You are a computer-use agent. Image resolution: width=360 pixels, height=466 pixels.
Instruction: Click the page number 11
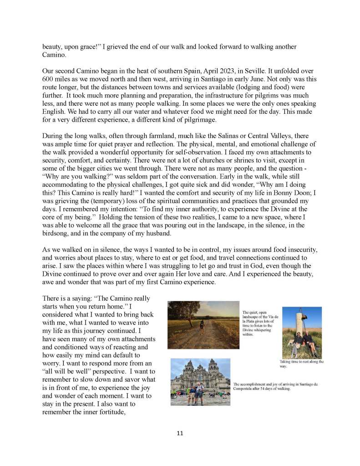(180, 433)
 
